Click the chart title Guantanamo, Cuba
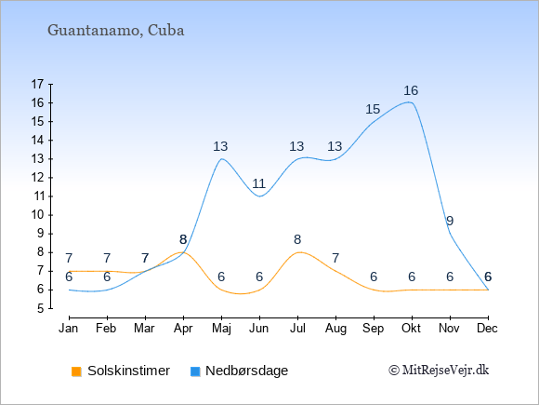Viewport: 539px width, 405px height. click(116, 31)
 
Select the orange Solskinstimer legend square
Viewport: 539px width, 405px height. click(76, 371)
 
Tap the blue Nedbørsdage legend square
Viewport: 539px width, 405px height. click(195, 371)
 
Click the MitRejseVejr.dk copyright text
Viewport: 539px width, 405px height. click(439, 371)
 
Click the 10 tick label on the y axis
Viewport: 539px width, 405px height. click(37, 215)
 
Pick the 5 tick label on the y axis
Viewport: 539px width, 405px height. click(41, 308)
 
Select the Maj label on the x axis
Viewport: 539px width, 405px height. click(221, 329)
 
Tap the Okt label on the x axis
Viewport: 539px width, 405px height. click(411, 329)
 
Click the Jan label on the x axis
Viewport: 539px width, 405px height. click(69, 329)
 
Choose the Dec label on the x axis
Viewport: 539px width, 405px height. click(488, 329)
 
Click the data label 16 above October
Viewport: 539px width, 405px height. click(411, 90)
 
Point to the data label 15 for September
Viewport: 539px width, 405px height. click(373, 109)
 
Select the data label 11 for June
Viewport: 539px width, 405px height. click(259, 183)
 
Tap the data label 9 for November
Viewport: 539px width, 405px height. click(450, 221)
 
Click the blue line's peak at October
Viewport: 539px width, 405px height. click(409, 101)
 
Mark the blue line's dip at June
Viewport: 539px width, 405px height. click(259, 196)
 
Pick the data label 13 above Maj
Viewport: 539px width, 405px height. click(220, 146)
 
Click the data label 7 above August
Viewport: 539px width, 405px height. click(335, 258)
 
